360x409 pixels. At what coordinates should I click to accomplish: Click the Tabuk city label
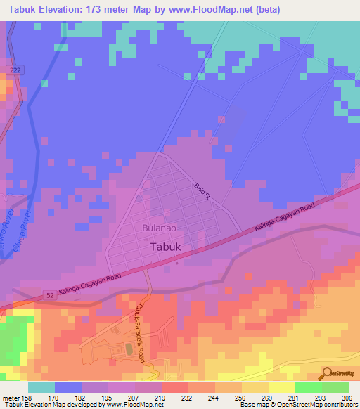(x=168, y=247)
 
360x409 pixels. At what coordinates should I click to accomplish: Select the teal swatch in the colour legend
(x=41, y=387)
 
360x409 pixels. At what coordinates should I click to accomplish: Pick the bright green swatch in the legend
(x=309, y=387)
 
